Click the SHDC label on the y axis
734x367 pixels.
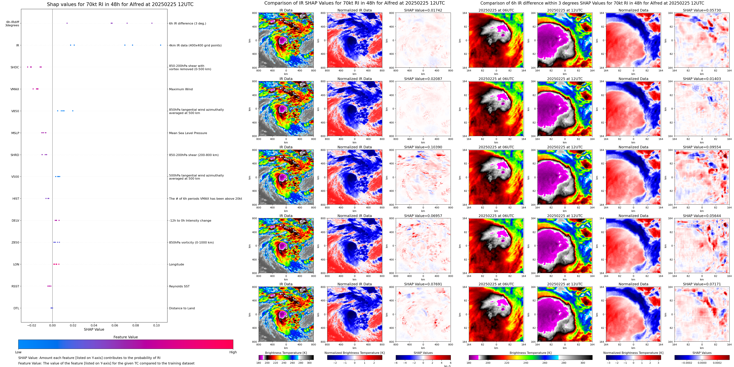[15, 67]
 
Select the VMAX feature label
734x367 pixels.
[15, 89]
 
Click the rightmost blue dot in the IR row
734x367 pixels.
[161, 45]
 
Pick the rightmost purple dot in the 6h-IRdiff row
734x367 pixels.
[152, 23]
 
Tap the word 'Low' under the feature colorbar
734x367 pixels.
[18, 352]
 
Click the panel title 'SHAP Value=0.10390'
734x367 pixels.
[423, 147]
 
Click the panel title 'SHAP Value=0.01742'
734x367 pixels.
[423, 10]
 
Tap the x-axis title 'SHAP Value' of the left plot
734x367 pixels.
[94, 329]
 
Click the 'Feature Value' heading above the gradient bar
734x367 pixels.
[126, 337]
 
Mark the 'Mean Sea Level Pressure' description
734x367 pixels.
[188, 133]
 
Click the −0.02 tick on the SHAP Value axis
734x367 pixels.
[32, 325]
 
